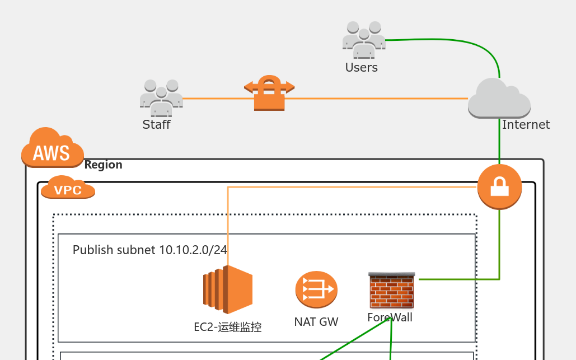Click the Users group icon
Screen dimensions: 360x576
coord(364,40)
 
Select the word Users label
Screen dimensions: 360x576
coord(362,68)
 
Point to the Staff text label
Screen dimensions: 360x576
coord(156,124)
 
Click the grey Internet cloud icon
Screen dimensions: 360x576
coord(498,99)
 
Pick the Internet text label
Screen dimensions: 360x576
coord(526,125)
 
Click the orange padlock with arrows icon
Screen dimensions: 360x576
coord(269,92)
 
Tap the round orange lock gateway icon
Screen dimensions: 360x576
coord(499,186)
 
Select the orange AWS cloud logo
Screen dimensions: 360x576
coord(52,148)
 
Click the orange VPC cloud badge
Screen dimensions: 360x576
coord(68,188)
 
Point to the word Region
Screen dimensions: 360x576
coord(103,165)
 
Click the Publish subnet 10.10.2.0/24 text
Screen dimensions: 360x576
coord(149,250)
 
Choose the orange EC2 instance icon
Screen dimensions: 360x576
coord(228,289)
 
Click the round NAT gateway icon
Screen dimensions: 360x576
coord(316,289)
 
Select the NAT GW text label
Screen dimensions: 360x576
coord(316,322)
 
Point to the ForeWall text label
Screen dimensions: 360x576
coord(390,317)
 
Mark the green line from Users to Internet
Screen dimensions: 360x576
coord(448,41)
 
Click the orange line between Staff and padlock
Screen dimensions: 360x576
coord(213,99)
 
